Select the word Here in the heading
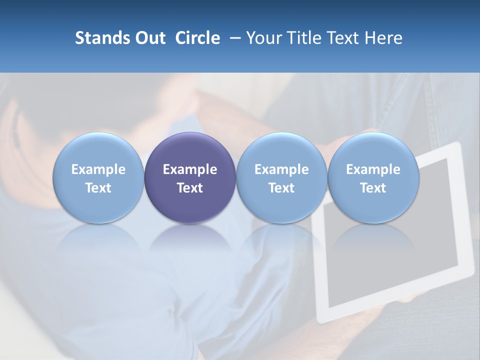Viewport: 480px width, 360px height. tap(384, 38)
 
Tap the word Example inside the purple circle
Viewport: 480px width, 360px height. tap(190, 169)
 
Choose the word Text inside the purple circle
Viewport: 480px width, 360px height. tap(190, 188)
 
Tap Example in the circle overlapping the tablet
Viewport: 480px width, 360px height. tap(373, 169)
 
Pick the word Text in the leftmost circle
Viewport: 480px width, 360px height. tap(98, 188)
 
